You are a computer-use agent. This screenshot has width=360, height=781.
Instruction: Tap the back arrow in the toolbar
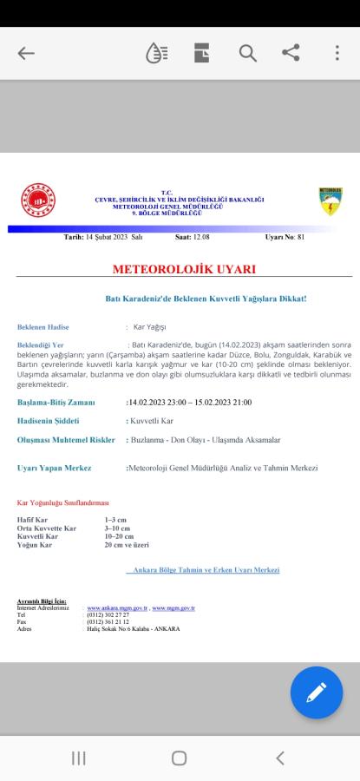(x=26, y=54)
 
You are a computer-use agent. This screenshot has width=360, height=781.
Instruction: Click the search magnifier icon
(x=248, y=54)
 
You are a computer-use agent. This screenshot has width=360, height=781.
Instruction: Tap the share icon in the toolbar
(x=291, y=54)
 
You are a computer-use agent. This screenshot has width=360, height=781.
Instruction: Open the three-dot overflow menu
(x=337, y=54)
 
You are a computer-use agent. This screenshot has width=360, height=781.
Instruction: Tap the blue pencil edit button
(x=316, y=692)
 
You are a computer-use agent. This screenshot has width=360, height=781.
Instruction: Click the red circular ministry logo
(x=37, y=200)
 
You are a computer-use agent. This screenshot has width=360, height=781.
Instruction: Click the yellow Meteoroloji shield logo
(x=330, y=200)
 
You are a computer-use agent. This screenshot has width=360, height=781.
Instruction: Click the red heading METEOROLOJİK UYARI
(x=180, y=270)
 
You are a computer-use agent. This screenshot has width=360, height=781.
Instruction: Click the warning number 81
(x=300, y=236)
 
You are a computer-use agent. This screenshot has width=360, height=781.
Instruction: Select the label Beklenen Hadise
(x=43, y=327)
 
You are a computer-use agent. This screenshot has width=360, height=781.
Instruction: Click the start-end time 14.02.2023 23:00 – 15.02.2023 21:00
(x=190, y=403)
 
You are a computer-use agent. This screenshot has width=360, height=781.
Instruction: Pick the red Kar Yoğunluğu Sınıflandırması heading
(x=62, y=502)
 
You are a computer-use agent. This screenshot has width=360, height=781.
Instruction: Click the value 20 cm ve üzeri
(x=127, y=545)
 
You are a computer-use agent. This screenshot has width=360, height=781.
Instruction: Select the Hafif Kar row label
(x=32, y=519)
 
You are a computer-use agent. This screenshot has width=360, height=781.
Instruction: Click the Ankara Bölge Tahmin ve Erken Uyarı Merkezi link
(x=206, y=570)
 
